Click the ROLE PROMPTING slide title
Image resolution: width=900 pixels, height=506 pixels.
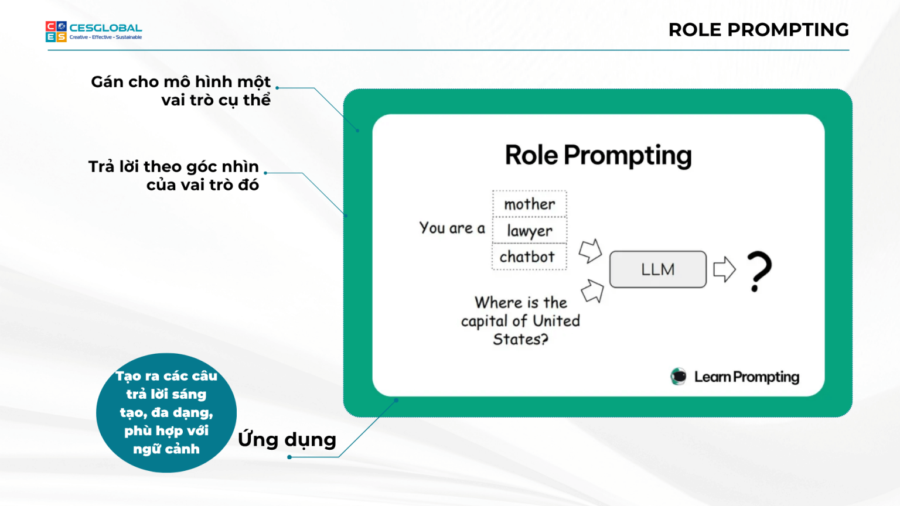pyautogui.click(x=758, y=30)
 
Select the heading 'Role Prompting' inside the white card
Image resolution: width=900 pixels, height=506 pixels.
pyautogui.click(x=598, y=156)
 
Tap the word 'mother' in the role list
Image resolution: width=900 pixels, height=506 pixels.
pyautogui.click(x=530, y=204)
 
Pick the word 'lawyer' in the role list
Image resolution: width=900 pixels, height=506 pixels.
pyautogui.click(x=530, y=231)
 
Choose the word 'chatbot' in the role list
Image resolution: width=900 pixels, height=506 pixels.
pyautogui.click(x=527, y=257)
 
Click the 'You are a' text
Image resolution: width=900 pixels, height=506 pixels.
pyautogui.click(x=452, y=228)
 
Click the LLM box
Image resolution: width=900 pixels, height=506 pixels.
pyautogui.click(x=657, y=269)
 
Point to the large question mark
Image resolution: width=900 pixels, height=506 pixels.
pyautogui.click(x=759, y=271)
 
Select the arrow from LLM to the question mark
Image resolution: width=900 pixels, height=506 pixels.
pyautogui.click(x=724, y=269)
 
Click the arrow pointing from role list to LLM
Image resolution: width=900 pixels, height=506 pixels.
pyautogui.click(x=591, y=251)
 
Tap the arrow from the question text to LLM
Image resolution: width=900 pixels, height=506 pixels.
pyautogui.click(x=592, y=290)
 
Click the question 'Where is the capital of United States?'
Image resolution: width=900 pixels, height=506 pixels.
pyautogui.click(x=520, y=321)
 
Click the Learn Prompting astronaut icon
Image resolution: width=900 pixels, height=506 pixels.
pyautogui.click(x=679, y=377)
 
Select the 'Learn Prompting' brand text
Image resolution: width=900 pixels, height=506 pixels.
pyautogui.click(x=746, y=377)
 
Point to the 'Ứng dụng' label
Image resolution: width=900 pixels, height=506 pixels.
pyautogui.click(x=287, y=440)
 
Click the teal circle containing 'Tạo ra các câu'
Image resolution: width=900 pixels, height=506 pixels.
pyautogui.click(x=166, y=413)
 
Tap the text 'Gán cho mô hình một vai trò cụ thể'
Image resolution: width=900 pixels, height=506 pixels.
pyautogui.click(x=181, y=91)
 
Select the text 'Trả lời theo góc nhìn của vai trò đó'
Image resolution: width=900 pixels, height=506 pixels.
pyautogui.click(x=174, y=176)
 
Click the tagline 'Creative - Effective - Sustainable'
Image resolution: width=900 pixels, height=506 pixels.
pyautogui.click(x=105, y=37)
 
